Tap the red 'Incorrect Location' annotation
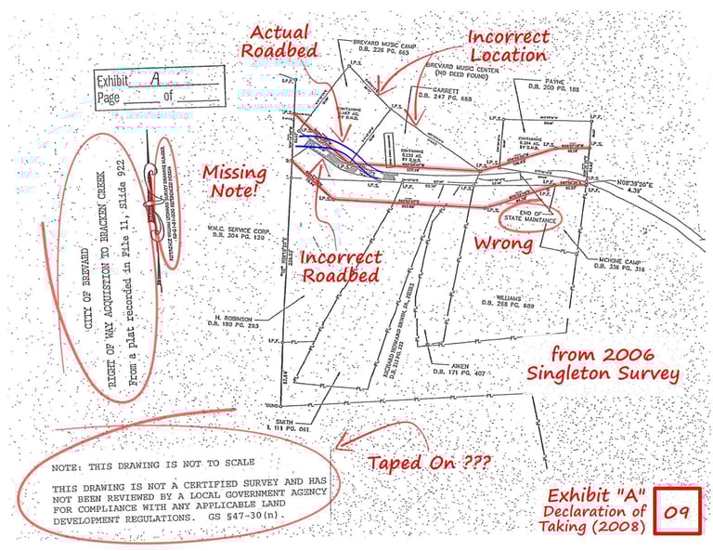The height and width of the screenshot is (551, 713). [508, 46]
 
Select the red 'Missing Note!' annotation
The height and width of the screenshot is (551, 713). [235, 181]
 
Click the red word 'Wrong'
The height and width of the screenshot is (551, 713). [503, 243]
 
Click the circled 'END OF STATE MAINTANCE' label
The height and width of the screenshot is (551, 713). [530, 217]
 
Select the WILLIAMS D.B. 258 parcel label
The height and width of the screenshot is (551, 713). [505, 302]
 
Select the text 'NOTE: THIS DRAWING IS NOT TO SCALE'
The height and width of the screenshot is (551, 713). [153, 462]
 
